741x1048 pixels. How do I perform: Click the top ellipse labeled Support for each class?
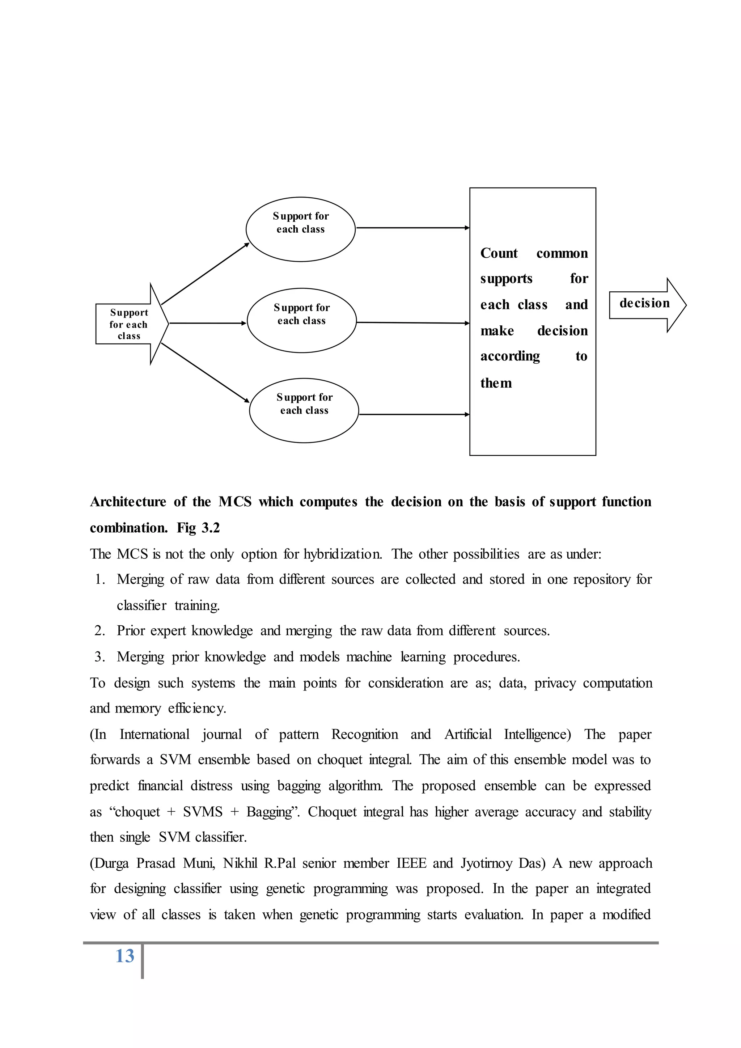300,229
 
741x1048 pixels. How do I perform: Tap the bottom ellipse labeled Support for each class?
304,410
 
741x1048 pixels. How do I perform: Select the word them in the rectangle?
496,383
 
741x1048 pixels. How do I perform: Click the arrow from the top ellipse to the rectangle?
412,228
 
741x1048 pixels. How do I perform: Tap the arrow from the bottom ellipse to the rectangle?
414,414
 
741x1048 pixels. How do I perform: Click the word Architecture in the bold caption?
128,502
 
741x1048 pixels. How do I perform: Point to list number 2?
99,630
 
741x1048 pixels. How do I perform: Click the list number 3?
99,656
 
